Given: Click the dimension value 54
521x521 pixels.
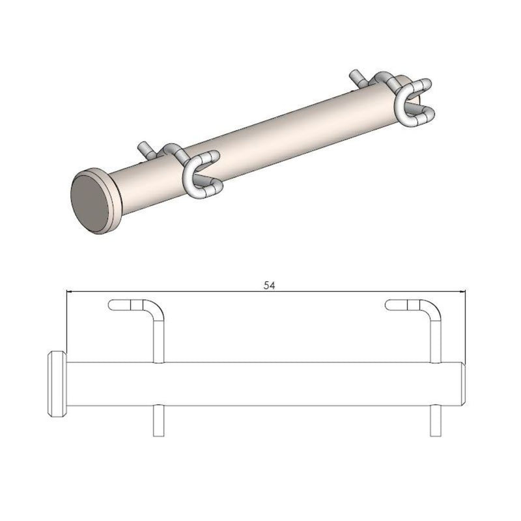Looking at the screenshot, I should point(268,285).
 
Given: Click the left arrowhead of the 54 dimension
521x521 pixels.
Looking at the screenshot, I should point(70,291).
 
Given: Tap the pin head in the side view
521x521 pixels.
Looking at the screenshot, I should point(57,384).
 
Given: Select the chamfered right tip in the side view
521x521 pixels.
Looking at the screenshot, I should point(463,384).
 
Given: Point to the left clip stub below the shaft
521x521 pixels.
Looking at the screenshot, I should point(158,420).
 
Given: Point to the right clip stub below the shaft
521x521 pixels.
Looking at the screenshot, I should point(436,420).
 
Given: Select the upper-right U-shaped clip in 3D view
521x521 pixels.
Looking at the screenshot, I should point(412,103).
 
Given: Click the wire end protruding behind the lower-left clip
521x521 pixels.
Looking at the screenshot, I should point(145,147).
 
